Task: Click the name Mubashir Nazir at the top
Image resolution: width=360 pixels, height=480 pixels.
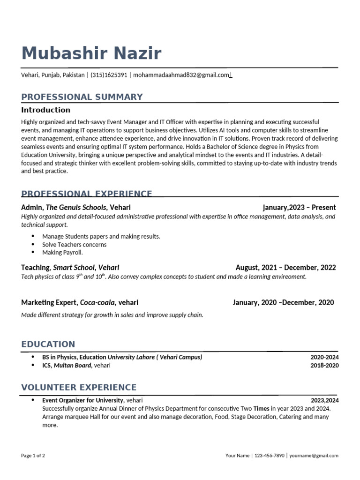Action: click(x=91, y=53)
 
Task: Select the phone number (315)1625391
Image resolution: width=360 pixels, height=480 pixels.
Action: click(x=109, y=75)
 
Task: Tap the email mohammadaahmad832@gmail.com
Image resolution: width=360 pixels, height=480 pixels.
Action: click(x=181, y=75)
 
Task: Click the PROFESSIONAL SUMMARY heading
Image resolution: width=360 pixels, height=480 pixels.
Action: click(x=82, y=97)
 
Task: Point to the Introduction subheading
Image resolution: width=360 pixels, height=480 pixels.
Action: click(x=45, y=110)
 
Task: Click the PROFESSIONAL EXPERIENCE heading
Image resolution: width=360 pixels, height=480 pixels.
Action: click(x=87, y=194)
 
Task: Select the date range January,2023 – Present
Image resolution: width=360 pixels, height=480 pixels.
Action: click(x=299, y=207)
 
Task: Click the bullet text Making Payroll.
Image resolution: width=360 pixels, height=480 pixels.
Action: click(x=62, y=252)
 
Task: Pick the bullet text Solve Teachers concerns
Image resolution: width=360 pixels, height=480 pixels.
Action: click(x=74, y=244)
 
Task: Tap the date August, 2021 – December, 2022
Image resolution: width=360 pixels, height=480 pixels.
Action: click(x=285, y=268)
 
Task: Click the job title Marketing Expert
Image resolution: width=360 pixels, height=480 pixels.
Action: click(x=49, y=302)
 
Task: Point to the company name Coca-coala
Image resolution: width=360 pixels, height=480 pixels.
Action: click(x=97, y=302)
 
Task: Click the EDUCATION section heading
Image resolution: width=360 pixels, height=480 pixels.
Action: click(x=48, y=345)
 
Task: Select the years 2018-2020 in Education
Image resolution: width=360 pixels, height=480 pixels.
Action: click(x=324, y=365)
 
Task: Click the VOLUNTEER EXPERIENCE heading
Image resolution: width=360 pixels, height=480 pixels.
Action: click(x=79, y=388)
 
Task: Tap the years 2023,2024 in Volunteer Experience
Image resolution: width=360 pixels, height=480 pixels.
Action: click(x=324, y=400)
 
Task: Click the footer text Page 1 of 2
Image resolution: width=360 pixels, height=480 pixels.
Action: click(x=33, y=455)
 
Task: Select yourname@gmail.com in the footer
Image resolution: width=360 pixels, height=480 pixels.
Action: click(x=314, y=455)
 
